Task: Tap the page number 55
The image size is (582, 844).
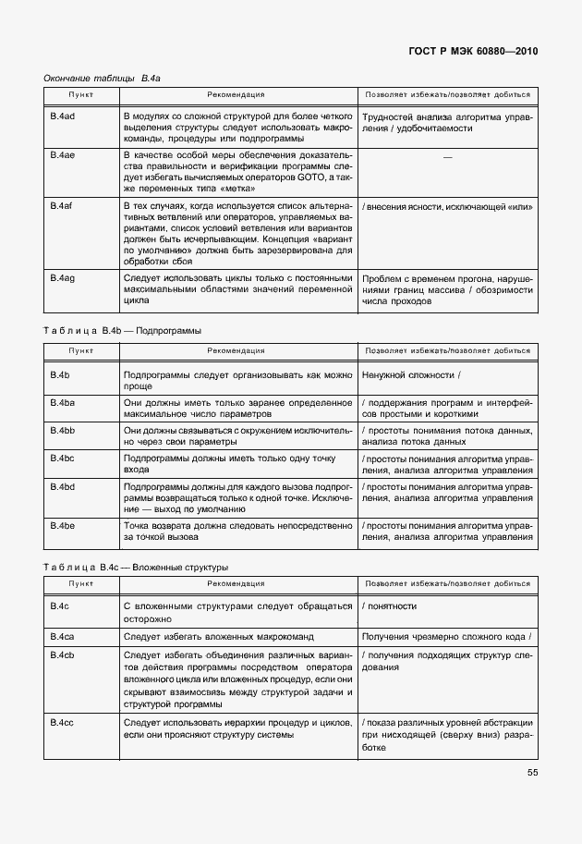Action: point(532,773)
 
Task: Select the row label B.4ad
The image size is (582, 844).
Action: point(62,117)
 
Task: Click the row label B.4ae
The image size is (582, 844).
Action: point(62,155)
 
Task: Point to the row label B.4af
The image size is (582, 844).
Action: point(62,205)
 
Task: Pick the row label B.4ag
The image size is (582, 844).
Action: point(62,276)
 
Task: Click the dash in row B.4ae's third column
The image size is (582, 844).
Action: point(448,156)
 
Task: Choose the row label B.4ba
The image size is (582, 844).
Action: point(62,403)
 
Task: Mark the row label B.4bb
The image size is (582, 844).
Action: point(62,431)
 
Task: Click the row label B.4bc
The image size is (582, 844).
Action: point(62,459)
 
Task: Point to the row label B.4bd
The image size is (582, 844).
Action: point(62,486)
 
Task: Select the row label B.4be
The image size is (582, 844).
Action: point(62,525)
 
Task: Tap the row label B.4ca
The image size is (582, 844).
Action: point(62,637)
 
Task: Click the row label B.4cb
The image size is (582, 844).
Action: point(62,654)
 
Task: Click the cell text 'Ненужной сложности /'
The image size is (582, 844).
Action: point(411,375)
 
